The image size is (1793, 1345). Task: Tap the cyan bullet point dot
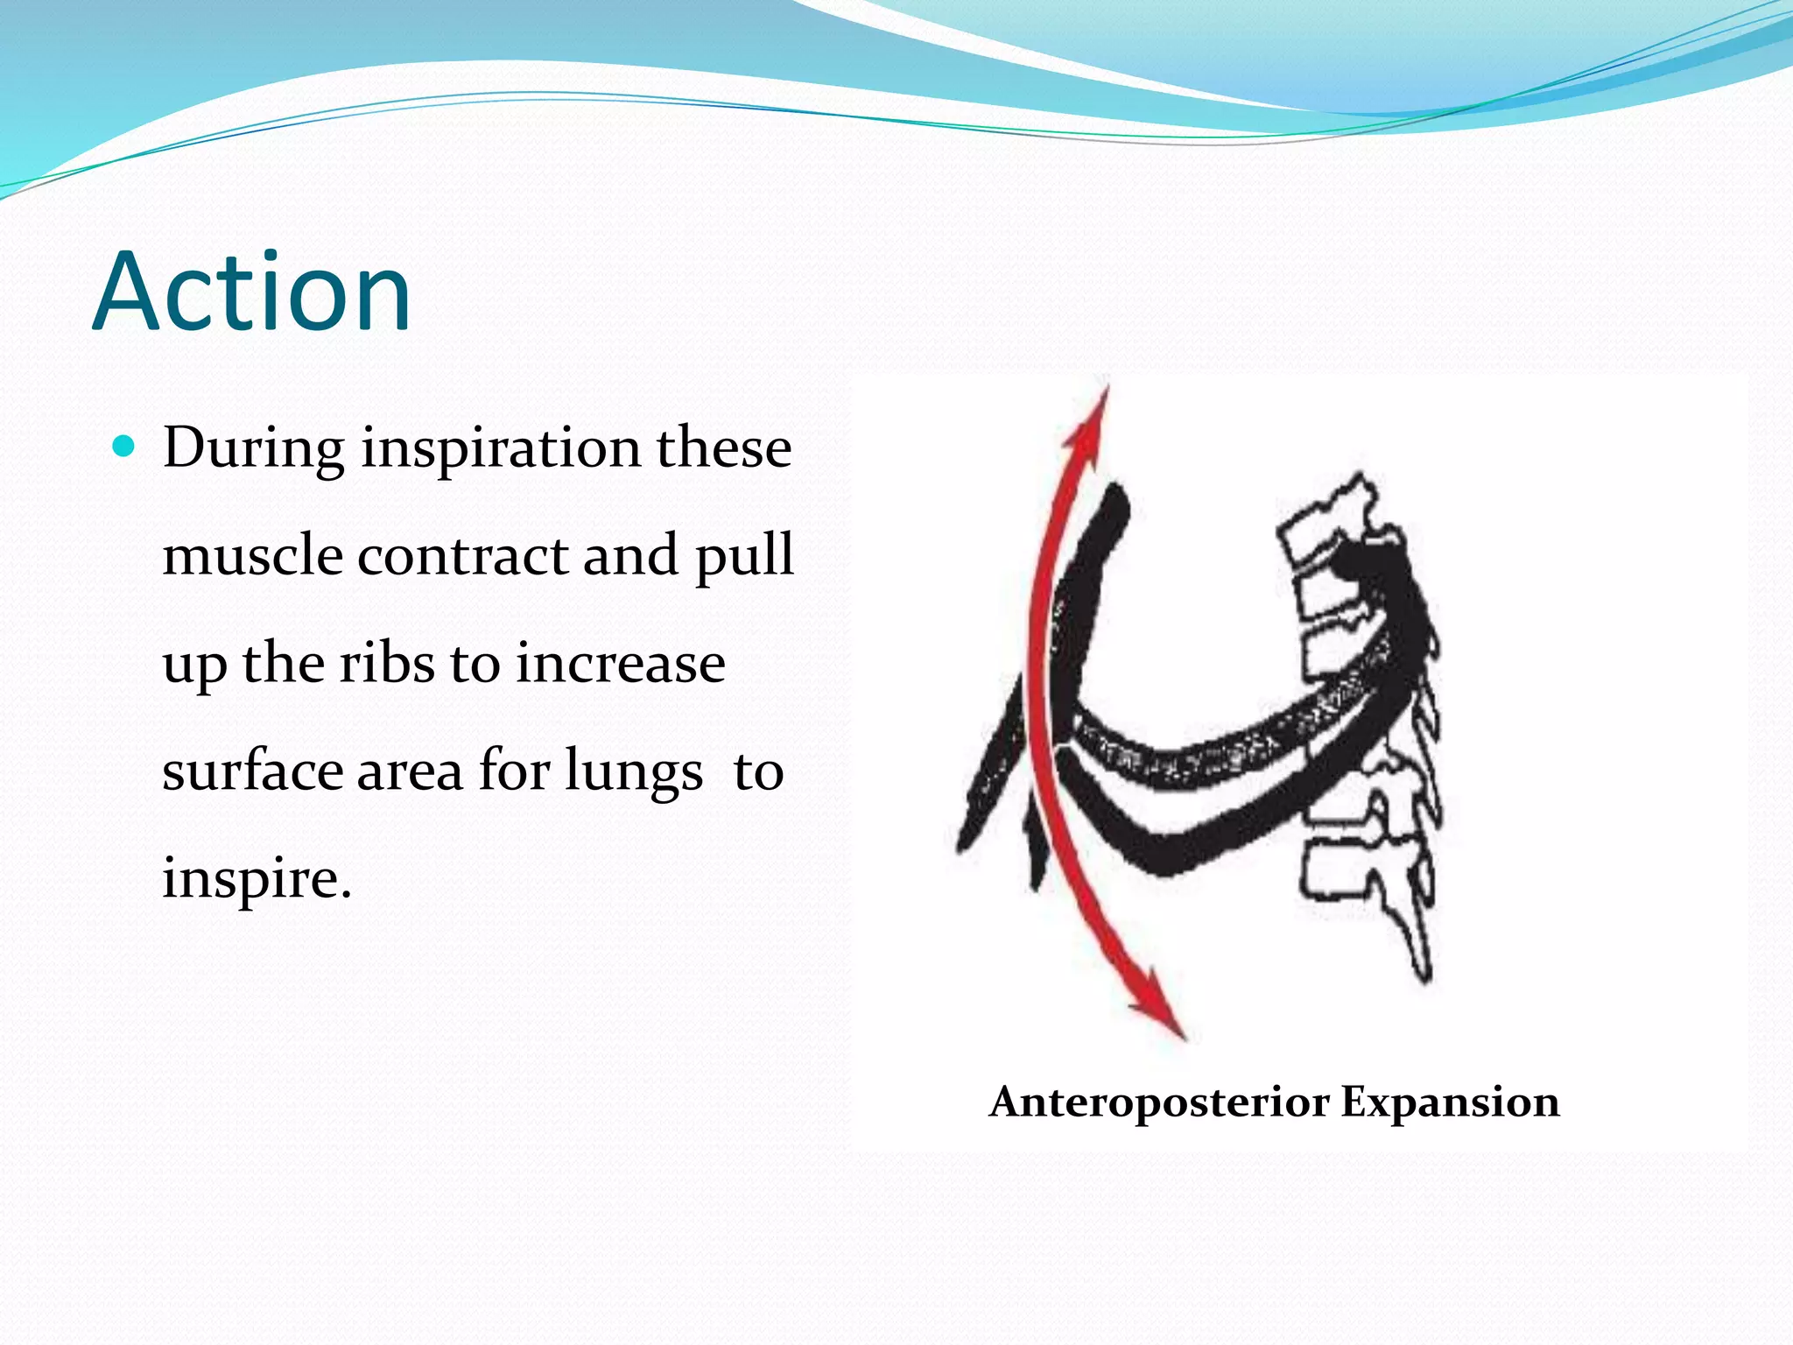click(124, 447)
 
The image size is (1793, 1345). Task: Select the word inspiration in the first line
click(501, 448)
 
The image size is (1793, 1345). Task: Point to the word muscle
click(252, 555)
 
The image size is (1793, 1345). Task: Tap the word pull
click(743, 557)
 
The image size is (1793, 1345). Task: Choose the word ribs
click(386, 663)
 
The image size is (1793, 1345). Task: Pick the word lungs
click(633, 772)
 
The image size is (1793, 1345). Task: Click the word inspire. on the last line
click(257, 877)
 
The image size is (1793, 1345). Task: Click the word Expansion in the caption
click(1450, 1102)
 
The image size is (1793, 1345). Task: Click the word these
click(724, 448)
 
